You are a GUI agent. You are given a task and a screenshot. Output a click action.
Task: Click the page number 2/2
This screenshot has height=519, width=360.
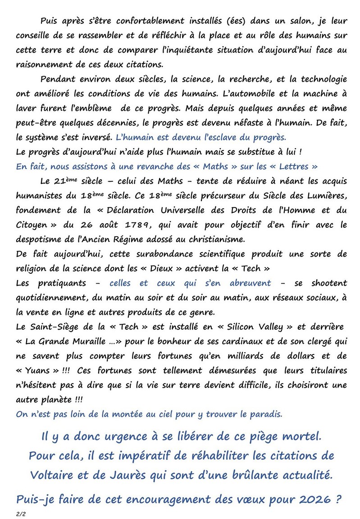click(x=20, y=514)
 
